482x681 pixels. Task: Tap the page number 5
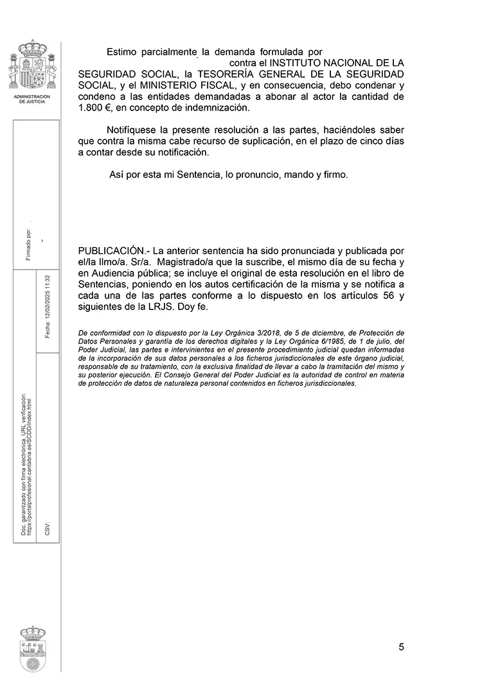[401, 647]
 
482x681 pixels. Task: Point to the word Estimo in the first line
[123, 51]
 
